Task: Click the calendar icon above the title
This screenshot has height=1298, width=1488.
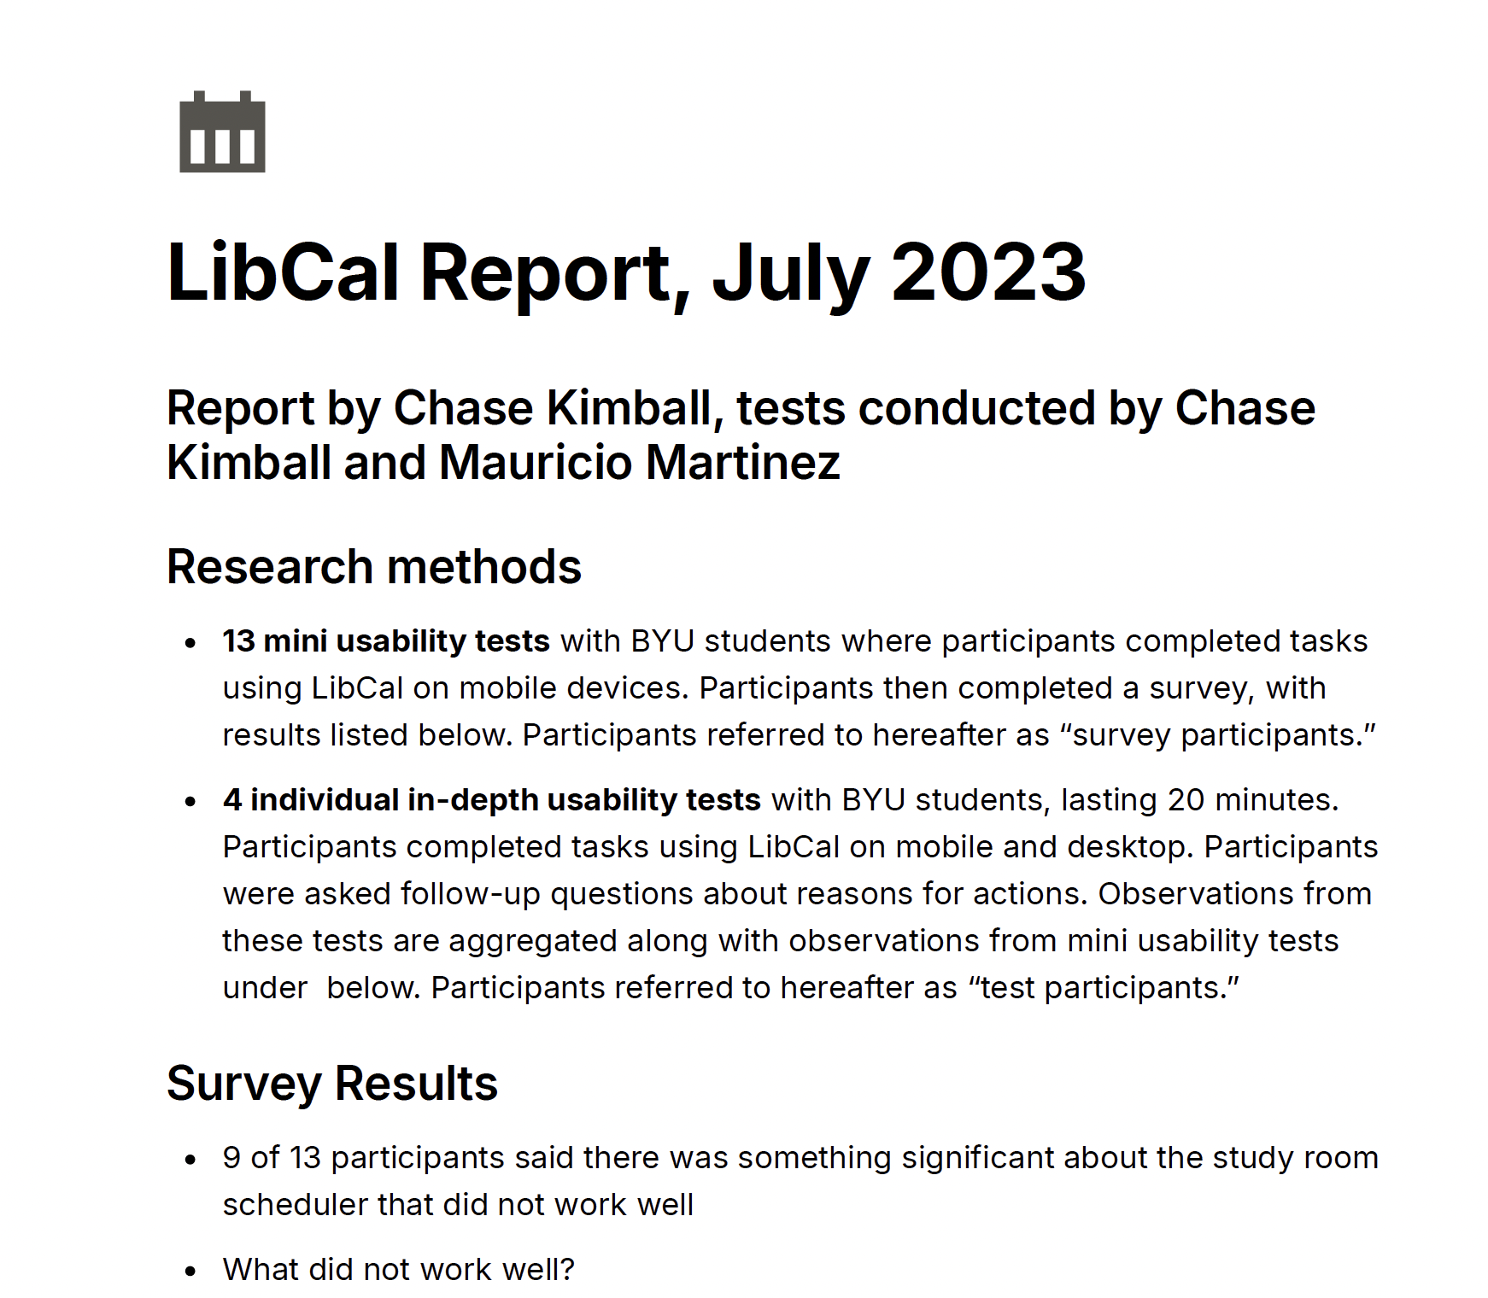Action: tap(222, 132)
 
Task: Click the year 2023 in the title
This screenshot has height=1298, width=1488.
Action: tap(988, 273)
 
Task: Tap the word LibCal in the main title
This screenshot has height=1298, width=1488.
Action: tap(283, 273)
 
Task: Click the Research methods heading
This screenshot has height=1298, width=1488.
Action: tap(373, 567)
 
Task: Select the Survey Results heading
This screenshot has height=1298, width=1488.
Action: tap(331, 1084)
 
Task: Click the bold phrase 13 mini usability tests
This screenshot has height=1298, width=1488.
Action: tap(386, 641)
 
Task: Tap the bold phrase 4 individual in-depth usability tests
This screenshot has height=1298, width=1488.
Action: tap(492, 800)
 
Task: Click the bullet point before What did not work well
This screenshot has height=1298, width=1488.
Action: tap(191, 1271)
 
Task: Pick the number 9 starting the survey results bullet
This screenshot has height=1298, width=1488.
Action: tap(231, 1158)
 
